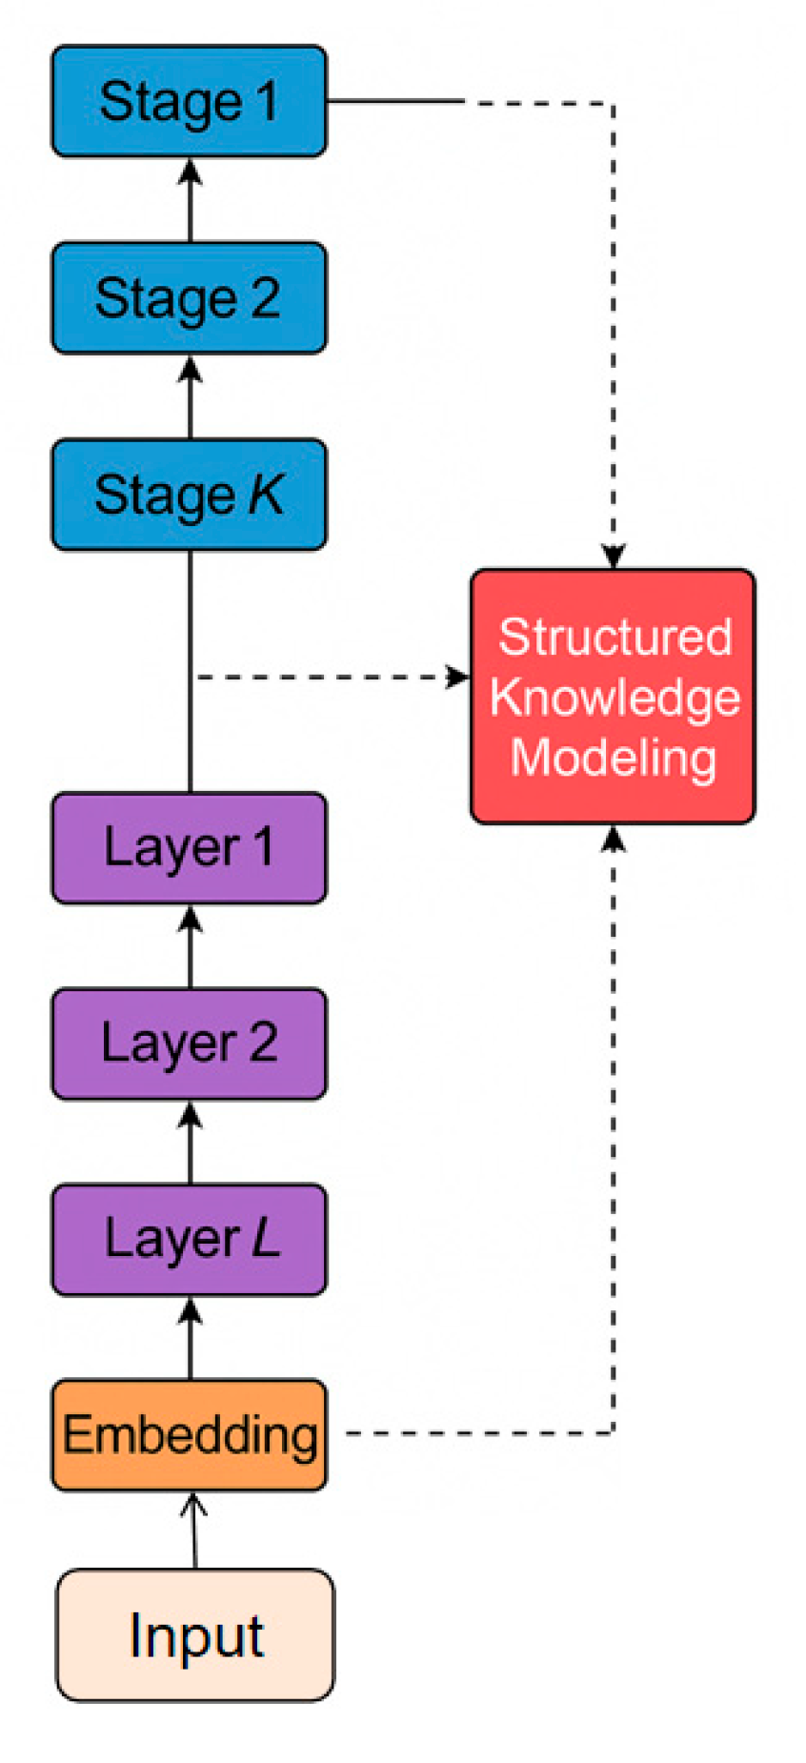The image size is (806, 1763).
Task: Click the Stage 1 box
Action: click(189, 101)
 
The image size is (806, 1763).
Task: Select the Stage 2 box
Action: click(189, 297)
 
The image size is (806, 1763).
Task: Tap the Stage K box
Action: click(189, 494)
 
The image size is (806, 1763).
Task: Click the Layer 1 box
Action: click(189, 847)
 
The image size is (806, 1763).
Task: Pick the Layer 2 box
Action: click(189, 1043)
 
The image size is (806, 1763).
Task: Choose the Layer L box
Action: click(189, 1239)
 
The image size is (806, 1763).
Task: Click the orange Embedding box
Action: click(189, 1434)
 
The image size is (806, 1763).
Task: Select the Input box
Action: click(195, 1635)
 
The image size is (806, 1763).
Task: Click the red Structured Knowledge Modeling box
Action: click(613, 697)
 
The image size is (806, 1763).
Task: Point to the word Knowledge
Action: click(615, 698)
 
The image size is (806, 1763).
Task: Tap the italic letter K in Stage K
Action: click(266, 494)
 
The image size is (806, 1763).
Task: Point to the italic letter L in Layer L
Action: click(266, 1238)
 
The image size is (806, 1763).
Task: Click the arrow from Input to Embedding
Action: click(194, 1530)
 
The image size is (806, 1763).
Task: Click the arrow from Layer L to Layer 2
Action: click(191, 1141)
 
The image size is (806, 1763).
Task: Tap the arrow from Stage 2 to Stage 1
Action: click(191, 199)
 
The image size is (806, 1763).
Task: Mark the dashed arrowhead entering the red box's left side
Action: click(458, 677)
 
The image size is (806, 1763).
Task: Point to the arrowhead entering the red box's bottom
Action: click(613, 838)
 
